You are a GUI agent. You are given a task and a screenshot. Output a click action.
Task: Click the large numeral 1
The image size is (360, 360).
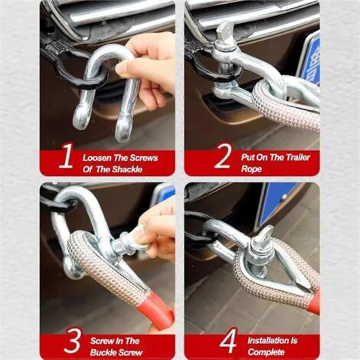(66, 155)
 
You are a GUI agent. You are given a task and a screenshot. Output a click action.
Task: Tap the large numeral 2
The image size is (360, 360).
(223, 155)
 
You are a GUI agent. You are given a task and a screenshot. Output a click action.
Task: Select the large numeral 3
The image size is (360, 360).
(72, 340)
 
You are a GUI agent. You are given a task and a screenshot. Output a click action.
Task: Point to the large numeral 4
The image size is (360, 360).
(227, 341)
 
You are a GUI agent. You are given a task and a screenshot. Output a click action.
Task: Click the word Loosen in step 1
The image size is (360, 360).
(97, 158)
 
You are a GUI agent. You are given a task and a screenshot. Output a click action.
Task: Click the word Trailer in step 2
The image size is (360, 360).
(297, 157)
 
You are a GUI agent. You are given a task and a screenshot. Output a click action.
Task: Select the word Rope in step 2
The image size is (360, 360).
(251, 169)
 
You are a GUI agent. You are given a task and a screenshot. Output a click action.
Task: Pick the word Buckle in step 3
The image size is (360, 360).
(103, 352)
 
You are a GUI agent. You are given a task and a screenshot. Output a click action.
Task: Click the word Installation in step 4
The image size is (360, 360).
(265, 341)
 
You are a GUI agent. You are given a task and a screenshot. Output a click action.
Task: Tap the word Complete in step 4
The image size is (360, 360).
(266, 352)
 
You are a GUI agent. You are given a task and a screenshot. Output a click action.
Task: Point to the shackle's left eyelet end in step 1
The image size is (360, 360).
(81, 117)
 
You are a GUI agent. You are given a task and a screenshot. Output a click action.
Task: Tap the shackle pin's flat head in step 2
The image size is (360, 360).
(225, 31)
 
